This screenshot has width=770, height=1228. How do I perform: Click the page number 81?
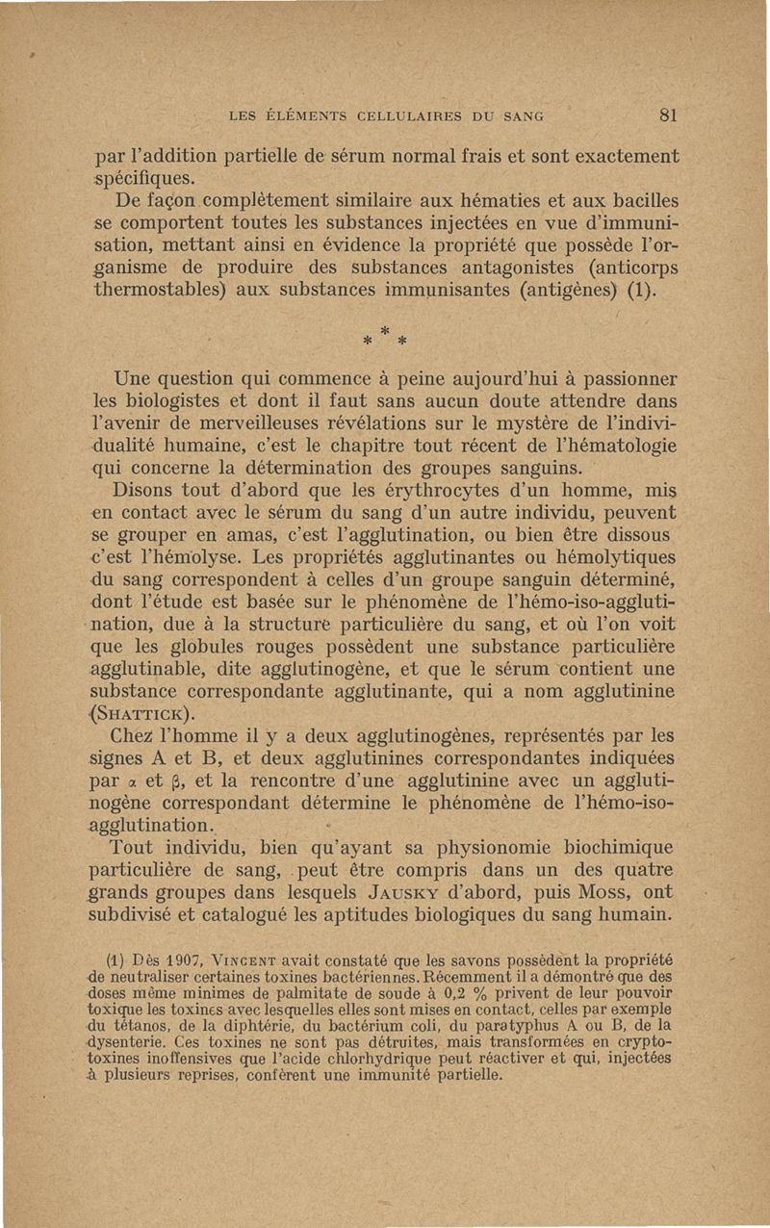(x=671, y=116)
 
